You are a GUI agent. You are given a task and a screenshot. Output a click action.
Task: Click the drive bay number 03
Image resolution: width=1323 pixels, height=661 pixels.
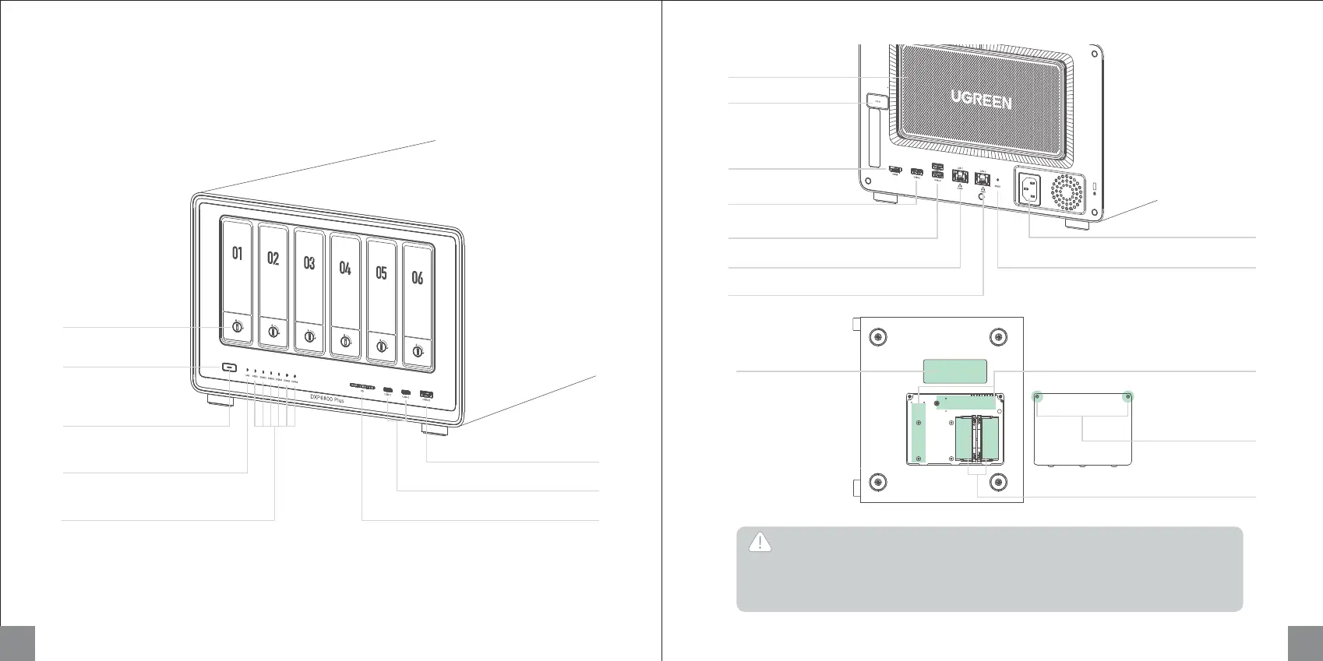pyautogui.click(x=309, y=263)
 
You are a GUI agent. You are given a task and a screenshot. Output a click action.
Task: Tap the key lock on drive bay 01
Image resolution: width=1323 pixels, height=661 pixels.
pyautogui.click(x=237, y=329)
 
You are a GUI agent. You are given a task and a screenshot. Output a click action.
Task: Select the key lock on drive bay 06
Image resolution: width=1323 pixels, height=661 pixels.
pyautogui.click(x=418, y=351)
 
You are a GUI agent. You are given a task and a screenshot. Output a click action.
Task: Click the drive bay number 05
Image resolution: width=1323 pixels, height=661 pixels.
pyautogui.click(x=381, y=272)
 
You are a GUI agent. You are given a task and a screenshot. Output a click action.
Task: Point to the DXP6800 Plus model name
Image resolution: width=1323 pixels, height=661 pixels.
pyautogui.click(x=327, y=398)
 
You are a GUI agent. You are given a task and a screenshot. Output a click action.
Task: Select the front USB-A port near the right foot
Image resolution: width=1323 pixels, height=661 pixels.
pyautogui.click(x=426, y=396)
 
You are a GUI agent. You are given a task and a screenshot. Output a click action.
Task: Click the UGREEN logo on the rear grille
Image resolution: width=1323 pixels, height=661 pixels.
pyautogui.click(x=981, y=100)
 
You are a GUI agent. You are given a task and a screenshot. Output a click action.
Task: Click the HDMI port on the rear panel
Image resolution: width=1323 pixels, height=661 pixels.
pyautogui.click(x=895, y=169)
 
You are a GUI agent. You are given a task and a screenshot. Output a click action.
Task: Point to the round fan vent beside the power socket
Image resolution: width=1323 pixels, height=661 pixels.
pyautogui.click(x=1067, y=192)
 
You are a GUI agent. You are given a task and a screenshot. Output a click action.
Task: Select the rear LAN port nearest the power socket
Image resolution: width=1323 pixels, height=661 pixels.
pyautogui.click(x=983, y=177)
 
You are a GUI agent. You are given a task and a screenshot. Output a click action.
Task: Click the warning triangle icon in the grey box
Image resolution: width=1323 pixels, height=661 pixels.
pyautogui.click(x=760, y=543)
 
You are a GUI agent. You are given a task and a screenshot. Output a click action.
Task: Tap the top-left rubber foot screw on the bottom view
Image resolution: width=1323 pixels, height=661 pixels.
pyautogui.click(x=878, y=338)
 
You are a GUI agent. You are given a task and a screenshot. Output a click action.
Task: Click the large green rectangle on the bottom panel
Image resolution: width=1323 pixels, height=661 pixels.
pyautogui.click(x=954, y=371)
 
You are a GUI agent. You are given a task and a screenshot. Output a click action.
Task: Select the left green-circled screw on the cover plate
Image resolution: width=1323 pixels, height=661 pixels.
pyautogui.click(x=1038, y=397)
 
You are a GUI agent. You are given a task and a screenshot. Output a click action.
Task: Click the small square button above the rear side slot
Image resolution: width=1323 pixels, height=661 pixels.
pyautogui.click(x=877, y=101)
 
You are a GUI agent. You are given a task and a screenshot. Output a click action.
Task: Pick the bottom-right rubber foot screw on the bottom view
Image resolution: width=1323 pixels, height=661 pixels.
pyautogui.click(x=998, y=483)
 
